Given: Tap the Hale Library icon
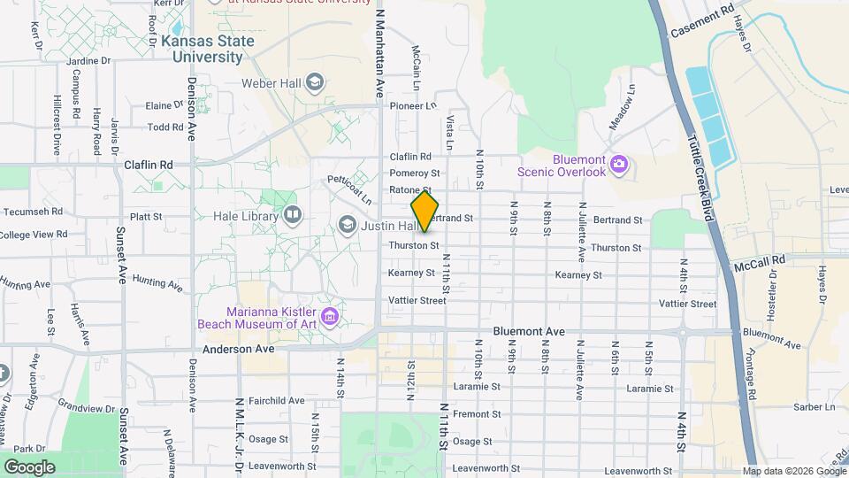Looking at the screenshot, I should point(293,215).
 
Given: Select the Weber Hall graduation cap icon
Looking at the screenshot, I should point(314,84).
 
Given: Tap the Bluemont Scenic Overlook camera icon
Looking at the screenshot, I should point(619,165).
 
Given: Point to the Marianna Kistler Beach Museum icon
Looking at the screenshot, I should point(330,316).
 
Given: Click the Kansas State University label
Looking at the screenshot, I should point(207,49).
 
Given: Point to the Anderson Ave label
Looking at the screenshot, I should point(239,349).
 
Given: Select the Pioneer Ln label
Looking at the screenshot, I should point(414,105).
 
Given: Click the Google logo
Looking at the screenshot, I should point(29,466).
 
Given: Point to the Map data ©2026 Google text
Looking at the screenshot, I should point(793,471).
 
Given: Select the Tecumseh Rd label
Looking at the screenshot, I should point(33,212).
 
